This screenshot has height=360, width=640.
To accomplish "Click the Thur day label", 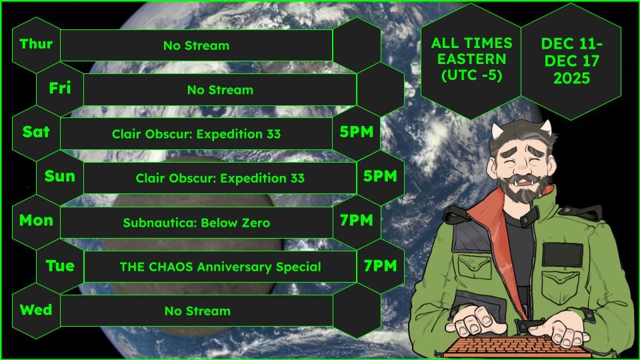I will tap(36, 45).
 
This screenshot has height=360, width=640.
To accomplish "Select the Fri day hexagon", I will tap(60, 89).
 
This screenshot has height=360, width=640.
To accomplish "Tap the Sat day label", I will tap(36, 132).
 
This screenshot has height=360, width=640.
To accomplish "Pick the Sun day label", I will tap(60, 177).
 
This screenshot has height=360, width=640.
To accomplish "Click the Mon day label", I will tap(36, 221).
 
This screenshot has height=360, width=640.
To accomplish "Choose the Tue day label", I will tap(60, 266).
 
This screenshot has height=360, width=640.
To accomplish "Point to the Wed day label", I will tap(36, 310).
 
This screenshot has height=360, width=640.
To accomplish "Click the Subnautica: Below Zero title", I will tap(197, 223).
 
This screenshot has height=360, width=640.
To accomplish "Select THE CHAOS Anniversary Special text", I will tap(220, 267).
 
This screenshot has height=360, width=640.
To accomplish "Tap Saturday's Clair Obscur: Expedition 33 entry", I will tap(197, 134).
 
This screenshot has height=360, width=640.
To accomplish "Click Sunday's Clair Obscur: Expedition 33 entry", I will tap(220, 179).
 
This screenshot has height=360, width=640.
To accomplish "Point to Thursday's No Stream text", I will tap(197, 46).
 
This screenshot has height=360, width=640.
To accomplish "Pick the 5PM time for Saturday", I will tap(357, 132).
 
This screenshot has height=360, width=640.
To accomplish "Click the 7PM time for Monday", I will tap(357, 221).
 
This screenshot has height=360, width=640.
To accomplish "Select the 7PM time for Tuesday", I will tap(381, 266).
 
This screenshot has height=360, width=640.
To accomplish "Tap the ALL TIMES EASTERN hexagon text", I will tap(472, 59).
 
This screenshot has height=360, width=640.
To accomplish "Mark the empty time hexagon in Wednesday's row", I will tap(357, 310).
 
